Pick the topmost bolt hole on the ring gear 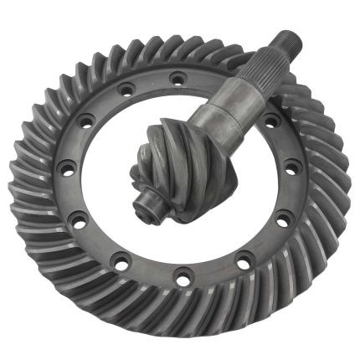point(177,80)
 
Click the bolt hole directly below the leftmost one point(79,222)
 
